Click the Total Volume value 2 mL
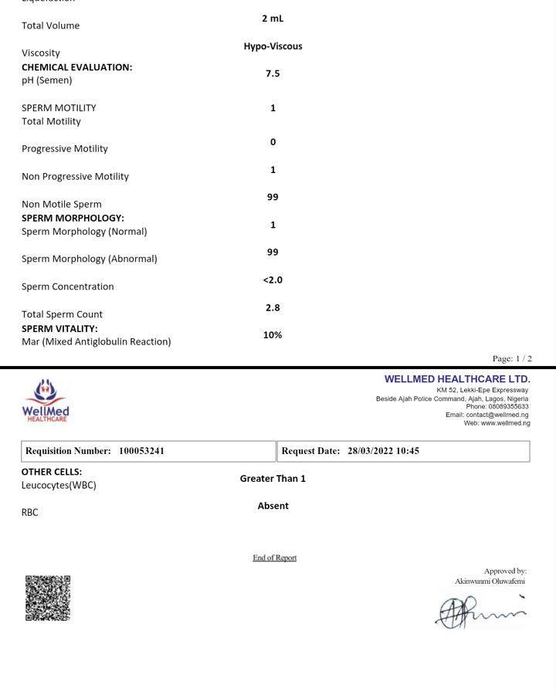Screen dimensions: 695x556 pyautogui.click(x=273, y=19)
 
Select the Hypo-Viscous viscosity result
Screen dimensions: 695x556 pyautogui.click(x=273, y=46)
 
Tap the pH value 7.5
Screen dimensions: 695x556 pyautogui.click(x=273, y=74)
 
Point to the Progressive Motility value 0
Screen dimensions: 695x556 pyautogui.click(x=273, y=142)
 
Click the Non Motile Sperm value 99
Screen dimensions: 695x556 pyautogui.click(x=273, y=198)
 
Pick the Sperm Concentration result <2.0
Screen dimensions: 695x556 pyautogui.click(x=273, y=280)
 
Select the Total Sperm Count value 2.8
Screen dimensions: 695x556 pyautogui.click(x=273, y=308)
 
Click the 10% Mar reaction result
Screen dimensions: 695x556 pyautogui.click(x=273, y=335)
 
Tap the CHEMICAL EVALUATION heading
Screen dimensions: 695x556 pyautogui.click(x=76, y=67)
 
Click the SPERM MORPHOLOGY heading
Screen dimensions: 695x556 pyautogui.click(x=73, y=219)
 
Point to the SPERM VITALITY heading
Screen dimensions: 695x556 pyautogui.click(x=59, y=329)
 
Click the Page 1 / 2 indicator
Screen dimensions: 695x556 pyautogui.click(x=512, y=358)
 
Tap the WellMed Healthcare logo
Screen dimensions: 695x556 pyautogui.click(x=46, y=400)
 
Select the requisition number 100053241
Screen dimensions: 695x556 pyautogui.click(x=141, y=451)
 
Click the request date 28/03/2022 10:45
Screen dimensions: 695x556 pyautogui.click(x=383, y=451)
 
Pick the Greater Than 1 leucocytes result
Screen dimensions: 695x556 pyautogui.click(x=273, y=479)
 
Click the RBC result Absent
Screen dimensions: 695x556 pyautogui.click(x=273, y=507)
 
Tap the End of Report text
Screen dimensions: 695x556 pyautogui.click(x=274, y=558)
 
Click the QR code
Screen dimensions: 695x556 pyautogui.click(x=48, y=598)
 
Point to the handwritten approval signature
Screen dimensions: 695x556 pyautogui.click(x=480, y=612)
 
